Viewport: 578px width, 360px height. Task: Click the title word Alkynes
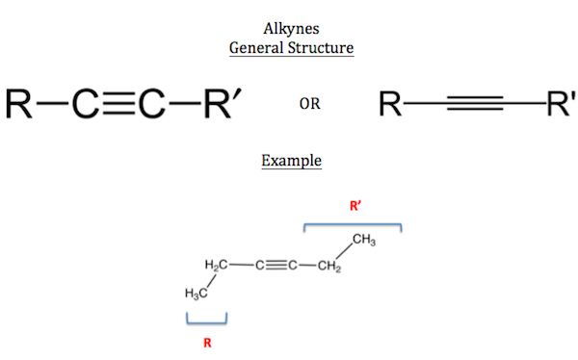click(x=290, y=27)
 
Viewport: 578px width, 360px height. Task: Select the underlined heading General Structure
click(x=290, y=46)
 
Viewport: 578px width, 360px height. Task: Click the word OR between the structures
click(x=309, y=104)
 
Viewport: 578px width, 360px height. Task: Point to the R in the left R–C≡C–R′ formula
click(x=21, y=103)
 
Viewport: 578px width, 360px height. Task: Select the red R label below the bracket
click(x=206, y=342)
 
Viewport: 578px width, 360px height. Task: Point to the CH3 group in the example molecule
click(x=362, y=240)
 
